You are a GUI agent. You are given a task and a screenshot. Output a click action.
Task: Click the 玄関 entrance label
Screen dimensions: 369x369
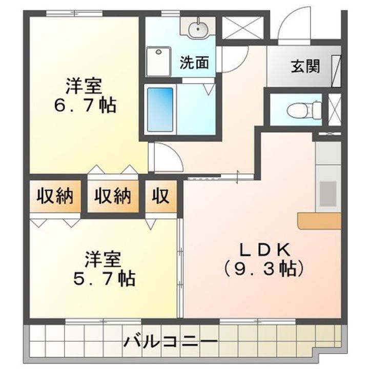point(306,67)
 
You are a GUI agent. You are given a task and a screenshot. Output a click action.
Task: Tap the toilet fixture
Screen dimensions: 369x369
point(302,109)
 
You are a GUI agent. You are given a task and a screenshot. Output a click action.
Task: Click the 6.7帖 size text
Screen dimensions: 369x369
point(85,106)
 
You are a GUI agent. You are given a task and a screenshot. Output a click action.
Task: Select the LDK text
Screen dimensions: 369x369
point(266,250)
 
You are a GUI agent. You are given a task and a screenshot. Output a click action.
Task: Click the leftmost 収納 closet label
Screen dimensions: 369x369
point(54,196)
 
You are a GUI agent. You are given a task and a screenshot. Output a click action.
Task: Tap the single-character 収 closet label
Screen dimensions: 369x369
point(160,196)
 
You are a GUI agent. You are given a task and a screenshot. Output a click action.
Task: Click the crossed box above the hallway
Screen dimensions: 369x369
point(241,27)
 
